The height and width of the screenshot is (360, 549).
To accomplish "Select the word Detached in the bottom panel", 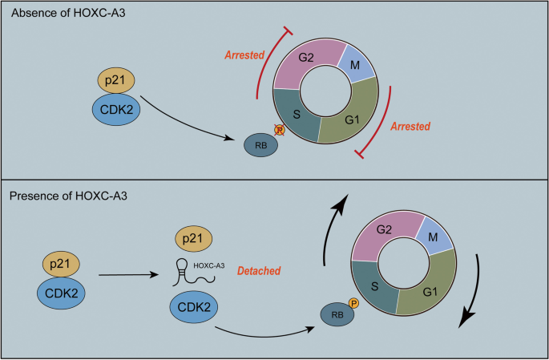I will tap(258, 271).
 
